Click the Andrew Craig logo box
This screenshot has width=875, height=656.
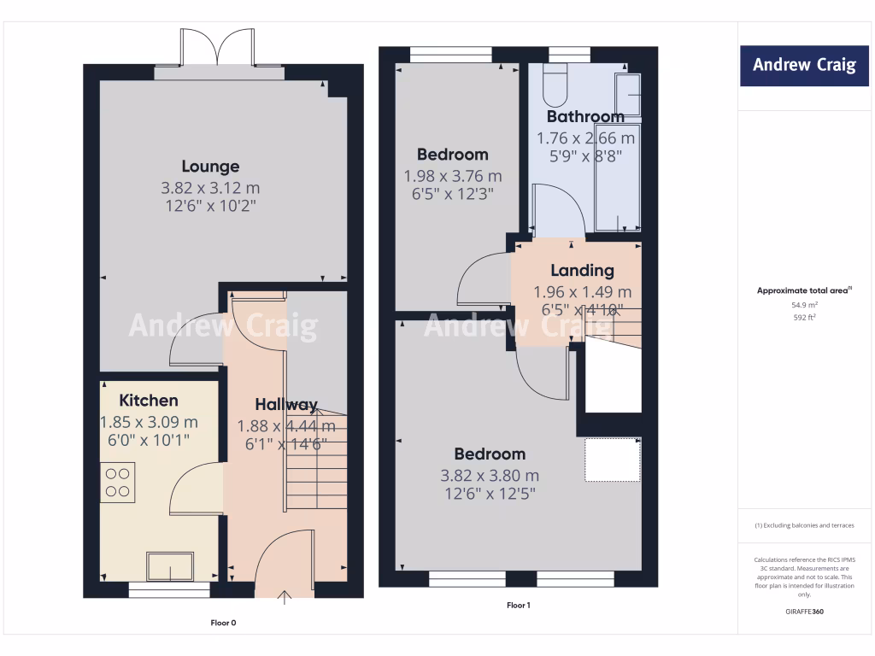tap(803, 65)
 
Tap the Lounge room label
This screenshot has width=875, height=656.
tap(210, 166)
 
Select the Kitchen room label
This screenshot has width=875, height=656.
tap(149, 400)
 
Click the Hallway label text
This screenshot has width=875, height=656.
tap(286, 404)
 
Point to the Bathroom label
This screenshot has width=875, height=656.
tap(585, 116)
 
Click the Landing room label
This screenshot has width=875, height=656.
tap(582, 270)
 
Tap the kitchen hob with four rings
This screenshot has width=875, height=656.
tap(118, 482)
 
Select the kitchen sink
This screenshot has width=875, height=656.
tap(170, 566)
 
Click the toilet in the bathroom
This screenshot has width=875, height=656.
tap(555, 84)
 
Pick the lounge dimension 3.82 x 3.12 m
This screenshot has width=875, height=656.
tap(210, 187)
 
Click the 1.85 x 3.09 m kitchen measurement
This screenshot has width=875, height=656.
tap(149, 421)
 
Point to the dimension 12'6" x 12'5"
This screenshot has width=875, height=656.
tap(490, 494)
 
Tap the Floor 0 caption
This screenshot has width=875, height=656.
tap(223, 623)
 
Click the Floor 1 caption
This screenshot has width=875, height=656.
tap(519, 606)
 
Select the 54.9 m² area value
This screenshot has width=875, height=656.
tap(803, 304)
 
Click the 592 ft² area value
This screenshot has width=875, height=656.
tap(803, 317)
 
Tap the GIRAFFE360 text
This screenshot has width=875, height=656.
tap(803, 612)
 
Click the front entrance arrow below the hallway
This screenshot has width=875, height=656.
tap(285, 596)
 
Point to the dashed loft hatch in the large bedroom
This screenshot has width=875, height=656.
tap(613, 460)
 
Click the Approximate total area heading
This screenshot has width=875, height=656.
tap(803, 290)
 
